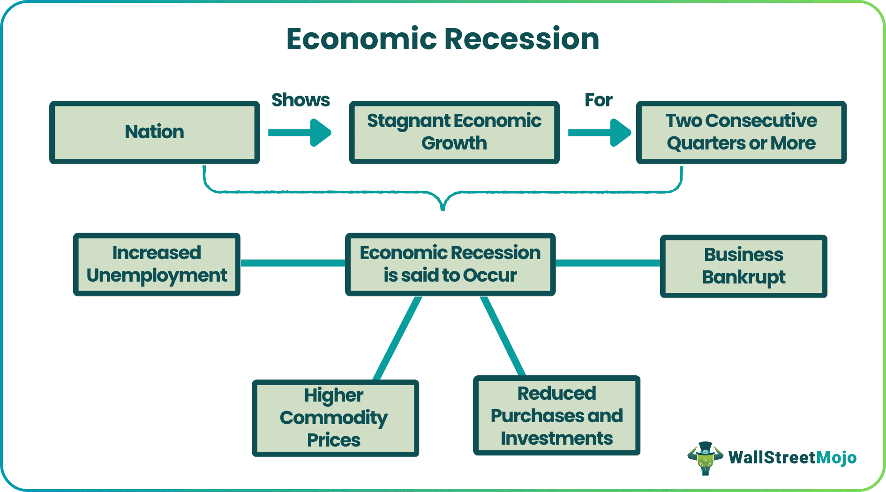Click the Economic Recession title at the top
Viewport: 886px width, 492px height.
click(x=443, y=39)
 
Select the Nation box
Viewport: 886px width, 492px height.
click(x=155, y=132)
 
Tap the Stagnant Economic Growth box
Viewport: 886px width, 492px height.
click(x=454, y=132)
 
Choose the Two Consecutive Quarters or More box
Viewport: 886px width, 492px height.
click(x=741, y=132)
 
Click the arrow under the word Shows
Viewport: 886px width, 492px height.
click(x=300, y=133)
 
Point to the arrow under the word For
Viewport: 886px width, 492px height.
click(x=600, y=133)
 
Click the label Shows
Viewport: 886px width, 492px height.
click(x=300, y=100)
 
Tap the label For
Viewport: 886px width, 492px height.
click(x=598, y=100)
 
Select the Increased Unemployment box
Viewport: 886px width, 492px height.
click(x=157, y=264)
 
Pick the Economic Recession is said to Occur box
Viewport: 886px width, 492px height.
click(x=450, y=264)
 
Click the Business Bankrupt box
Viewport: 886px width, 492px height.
click(x=743, y=266)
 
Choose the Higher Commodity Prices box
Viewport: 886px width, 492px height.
click(x=335, y=418)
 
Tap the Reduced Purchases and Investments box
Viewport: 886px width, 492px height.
click(x=556, y=416)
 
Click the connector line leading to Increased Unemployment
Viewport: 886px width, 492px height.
click(x=293, y=263)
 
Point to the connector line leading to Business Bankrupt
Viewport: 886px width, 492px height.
click(x=608, y=263)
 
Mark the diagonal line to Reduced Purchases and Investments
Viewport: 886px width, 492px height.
click(x=503, y=336)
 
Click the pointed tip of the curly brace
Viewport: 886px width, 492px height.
click(x=443, y=209)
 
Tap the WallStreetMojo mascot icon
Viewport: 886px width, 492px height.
click(x=705, y=458)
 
